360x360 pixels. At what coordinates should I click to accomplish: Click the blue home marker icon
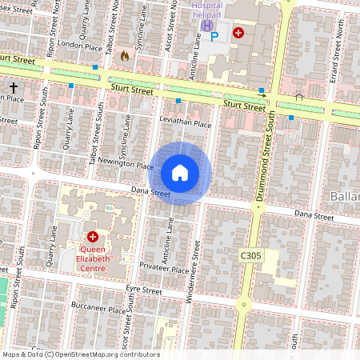pos(180,173)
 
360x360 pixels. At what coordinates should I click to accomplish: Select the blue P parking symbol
pos(213,35)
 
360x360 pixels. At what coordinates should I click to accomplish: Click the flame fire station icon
pos(124,56)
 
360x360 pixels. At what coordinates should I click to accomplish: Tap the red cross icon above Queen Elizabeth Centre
pos(93,238)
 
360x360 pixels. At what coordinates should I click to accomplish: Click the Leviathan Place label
pos(185,124)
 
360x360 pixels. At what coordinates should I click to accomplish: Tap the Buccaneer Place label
pos(102,308)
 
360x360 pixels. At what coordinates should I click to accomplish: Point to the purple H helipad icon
pos(206,25)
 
